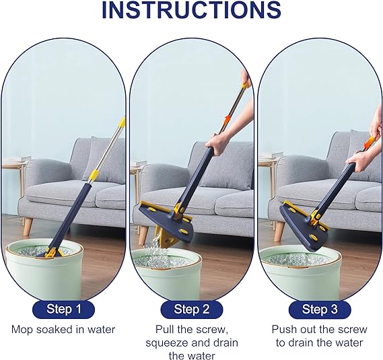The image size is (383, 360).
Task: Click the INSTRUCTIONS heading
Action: [191, 11]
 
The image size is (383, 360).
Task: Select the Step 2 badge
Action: [191, 309]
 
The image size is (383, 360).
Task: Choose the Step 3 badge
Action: [319, 309]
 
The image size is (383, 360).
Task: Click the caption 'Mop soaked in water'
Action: [63, 330]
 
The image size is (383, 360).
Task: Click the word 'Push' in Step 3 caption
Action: [285, 330]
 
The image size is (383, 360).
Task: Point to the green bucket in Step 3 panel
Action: [289, 276]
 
